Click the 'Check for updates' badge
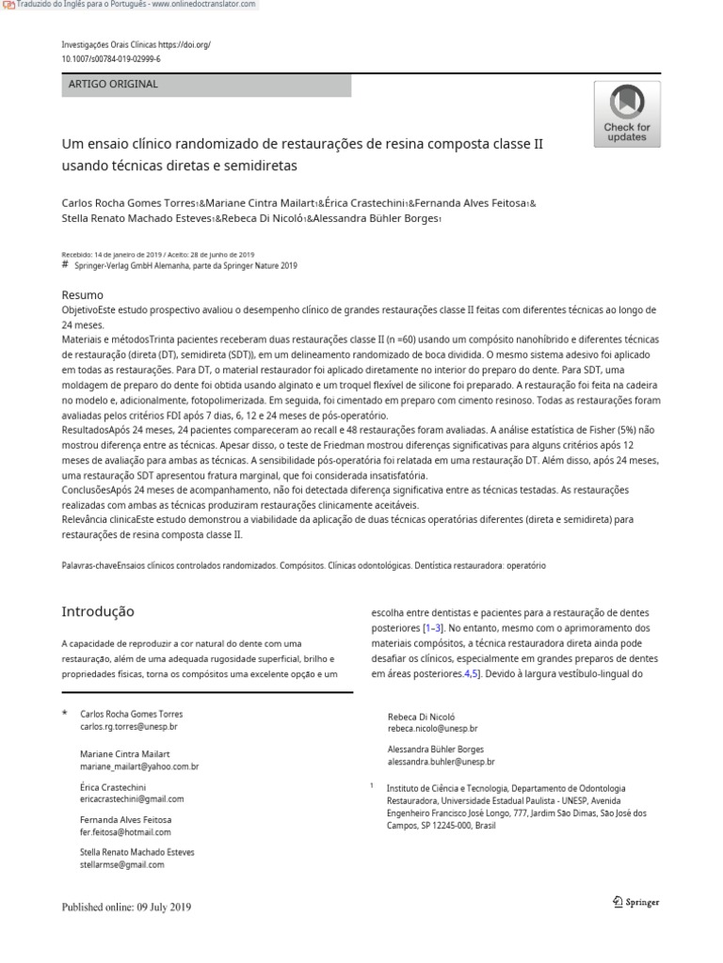pos(626,114)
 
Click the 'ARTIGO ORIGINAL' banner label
pos(113,84)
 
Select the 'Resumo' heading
pos(82,295)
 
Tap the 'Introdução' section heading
pos(98,611)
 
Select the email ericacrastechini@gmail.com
pos(132,798)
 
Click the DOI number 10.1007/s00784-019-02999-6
pos(110,58)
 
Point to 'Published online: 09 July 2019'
pos(126,907)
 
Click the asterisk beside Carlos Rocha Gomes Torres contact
pos(64,715)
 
